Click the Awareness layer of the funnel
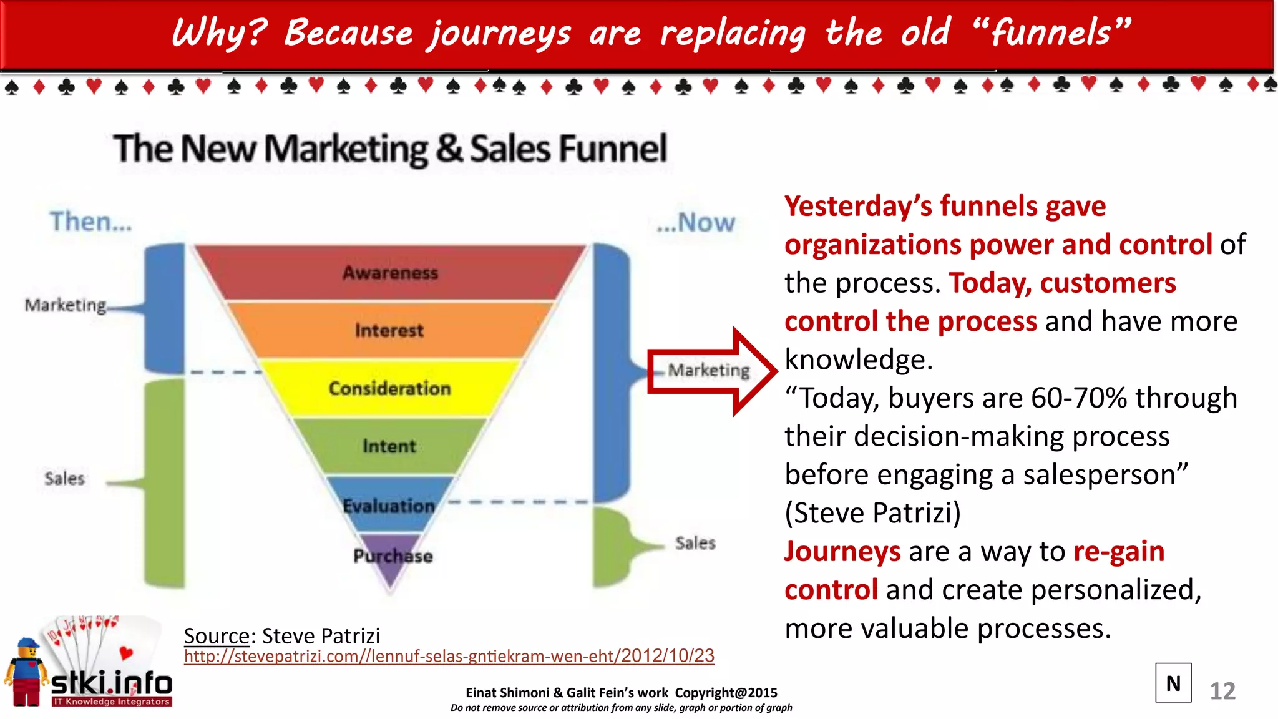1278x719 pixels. coord(390,273)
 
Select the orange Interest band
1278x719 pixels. coord(389,330)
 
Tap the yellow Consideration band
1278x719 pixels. coord(389,388)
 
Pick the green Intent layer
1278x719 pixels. coord(389,446)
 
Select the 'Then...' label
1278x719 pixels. coord(91,222)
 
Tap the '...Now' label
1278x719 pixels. coord(696,223)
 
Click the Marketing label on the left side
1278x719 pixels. coord(66,305)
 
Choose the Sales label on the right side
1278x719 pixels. coord(695,543)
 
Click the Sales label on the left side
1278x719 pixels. coord(64,479)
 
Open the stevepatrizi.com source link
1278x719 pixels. coord(449,656)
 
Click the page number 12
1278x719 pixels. coord(1222,691)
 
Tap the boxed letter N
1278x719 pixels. coord(1173,683)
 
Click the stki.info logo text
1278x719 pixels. coord(112,683)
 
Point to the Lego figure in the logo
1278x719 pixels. coord(26,673)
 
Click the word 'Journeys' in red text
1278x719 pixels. coord(842,552)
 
